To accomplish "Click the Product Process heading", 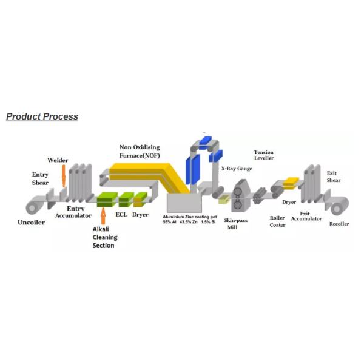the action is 42,116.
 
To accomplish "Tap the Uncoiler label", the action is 32,223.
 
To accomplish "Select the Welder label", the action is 58,160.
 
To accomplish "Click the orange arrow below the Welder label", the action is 64,176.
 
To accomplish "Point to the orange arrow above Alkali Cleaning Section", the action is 103,216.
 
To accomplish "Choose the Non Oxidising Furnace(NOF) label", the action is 140,151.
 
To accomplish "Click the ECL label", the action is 121,215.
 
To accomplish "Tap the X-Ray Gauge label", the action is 237,169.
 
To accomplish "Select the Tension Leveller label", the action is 264,155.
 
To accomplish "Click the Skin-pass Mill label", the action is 236,224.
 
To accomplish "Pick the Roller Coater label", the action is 277,221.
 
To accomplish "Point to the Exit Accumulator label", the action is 306,216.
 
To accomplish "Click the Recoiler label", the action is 339,224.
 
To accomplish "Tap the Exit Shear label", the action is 334,177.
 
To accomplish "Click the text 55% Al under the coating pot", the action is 169,222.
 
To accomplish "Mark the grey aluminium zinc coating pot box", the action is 184,203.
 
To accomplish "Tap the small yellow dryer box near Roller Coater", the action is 291,183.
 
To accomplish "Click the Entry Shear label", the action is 40,178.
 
